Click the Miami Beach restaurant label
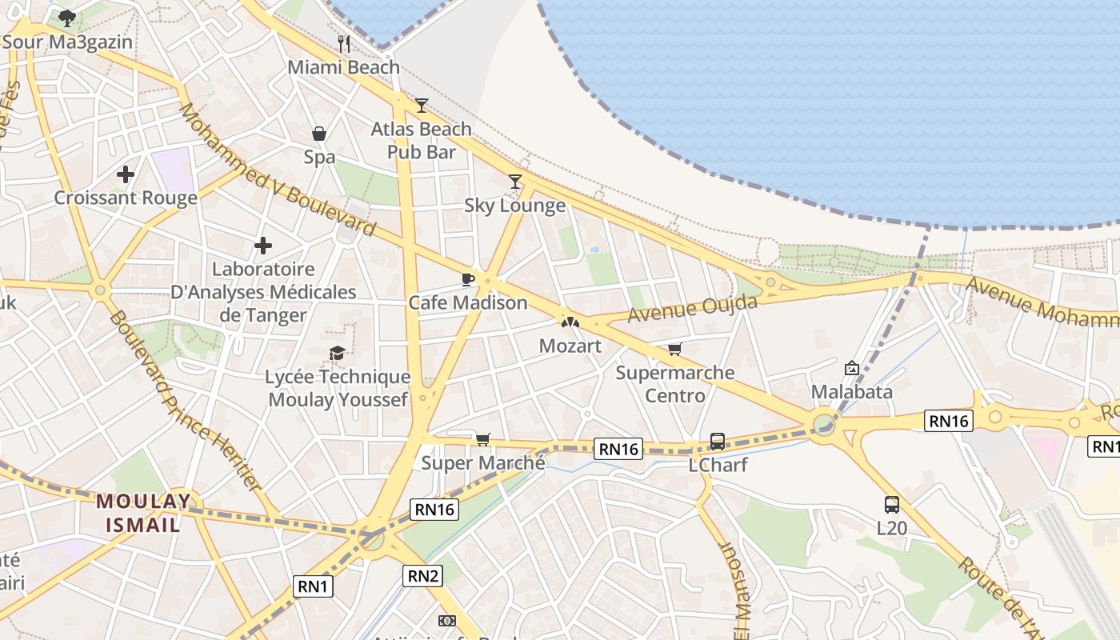point(343,67)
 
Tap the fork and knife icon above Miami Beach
point(344,42)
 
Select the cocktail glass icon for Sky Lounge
point(515,182)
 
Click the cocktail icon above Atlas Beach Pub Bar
point(422,105)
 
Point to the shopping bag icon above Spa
point(319,133)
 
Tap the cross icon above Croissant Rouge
point(126,174)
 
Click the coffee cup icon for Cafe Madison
point(468,279)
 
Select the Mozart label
point(570,346)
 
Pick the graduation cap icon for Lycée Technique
point(338,353)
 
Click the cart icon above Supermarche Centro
point(675,350)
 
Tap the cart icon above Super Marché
point(482,439)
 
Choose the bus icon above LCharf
point(718,441)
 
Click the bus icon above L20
point(892,504)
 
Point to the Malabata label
point(852,392)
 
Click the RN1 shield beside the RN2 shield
point(313,586)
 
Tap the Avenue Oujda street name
point(693,309)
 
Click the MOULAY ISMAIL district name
point(144,513)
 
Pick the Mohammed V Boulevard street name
point(277,170)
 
